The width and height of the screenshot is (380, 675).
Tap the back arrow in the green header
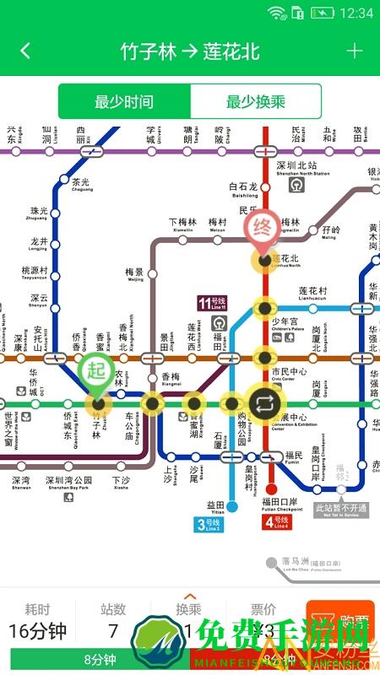25,51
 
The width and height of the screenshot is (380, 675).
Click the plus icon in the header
354,51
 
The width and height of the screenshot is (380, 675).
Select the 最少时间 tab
124,102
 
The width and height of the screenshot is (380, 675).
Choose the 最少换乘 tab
256,102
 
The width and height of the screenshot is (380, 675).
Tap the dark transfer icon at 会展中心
263,402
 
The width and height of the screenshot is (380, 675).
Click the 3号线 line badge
209,525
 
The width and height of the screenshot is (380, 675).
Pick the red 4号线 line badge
278,521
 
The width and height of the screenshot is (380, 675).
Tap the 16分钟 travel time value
37,630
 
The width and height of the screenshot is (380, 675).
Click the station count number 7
113,630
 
